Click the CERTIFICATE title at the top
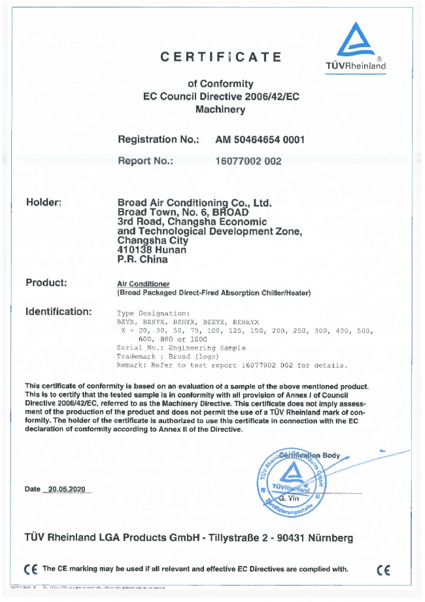pyautogui.click(x=221, y=57)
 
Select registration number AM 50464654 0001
pyautogui.click(x=260, y=140)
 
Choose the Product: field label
pyautogui.click(x=46, y=283)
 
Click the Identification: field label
pyautogui.click(x=58, y=311)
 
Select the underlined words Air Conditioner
pyautogui.click(x=143, y=284)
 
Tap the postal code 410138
pyautogui.click(x=137, y=250)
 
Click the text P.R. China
pyautogui.click(x=142, y=259)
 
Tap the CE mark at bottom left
pyautogui.click(x=29, y=569)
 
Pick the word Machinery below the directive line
pyautogui.click(x=220, y=109)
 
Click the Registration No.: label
pyautogui.click(x=158, y=140)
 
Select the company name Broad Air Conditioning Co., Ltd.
pyautogui.click(x=194, y=203)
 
